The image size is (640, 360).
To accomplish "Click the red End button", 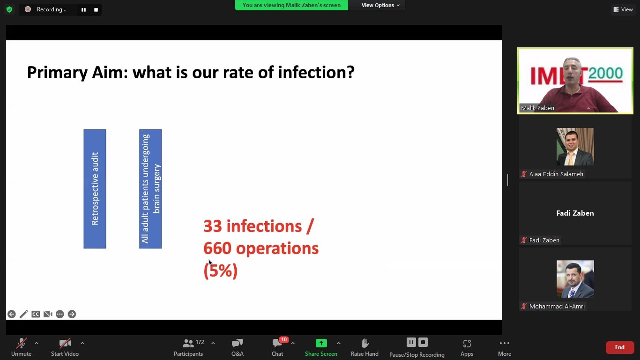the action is pos(619,347).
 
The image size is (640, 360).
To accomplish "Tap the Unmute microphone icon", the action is pos(22,343).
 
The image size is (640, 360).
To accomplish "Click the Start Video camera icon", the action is pos(65,343).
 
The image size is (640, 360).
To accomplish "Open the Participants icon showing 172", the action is pos(188,343).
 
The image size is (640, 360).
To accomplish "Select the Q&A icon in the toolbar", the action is pos(237,343).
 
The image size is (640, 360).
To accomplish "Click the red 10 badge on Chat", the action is pos(284,339).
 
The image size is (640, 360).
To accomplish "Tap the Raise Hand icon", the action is pos(365,343).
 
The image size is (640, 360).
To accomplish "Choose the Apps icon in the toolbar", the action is pos(467,343).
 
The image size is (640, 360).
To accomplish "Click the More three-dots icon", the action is pos(504,343).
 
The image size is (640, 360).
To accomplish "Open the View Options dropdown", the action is pos(380,5).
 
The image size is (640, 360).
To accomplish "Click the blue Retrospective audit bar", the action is pos(95,189).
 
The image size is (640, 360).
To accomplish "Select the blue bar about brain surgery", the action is pos(150,189).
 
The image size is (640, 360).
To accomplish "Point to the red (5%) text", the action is pos(221,270).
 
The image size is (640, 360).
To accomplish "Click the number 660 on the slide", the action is pos(217,248).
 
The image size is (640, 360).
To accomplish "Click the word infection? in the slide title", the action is pos(316,72).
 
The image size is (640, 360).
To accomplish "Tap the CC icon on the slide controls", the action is pos(36,314).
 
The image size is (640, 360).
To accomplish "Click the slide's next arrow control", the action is pos(72,314).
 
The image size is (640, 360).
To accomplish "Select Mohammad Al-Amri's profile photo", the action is pos(575,279).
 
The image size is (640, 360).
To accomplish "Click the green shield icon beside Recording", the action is pos(9,9).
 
